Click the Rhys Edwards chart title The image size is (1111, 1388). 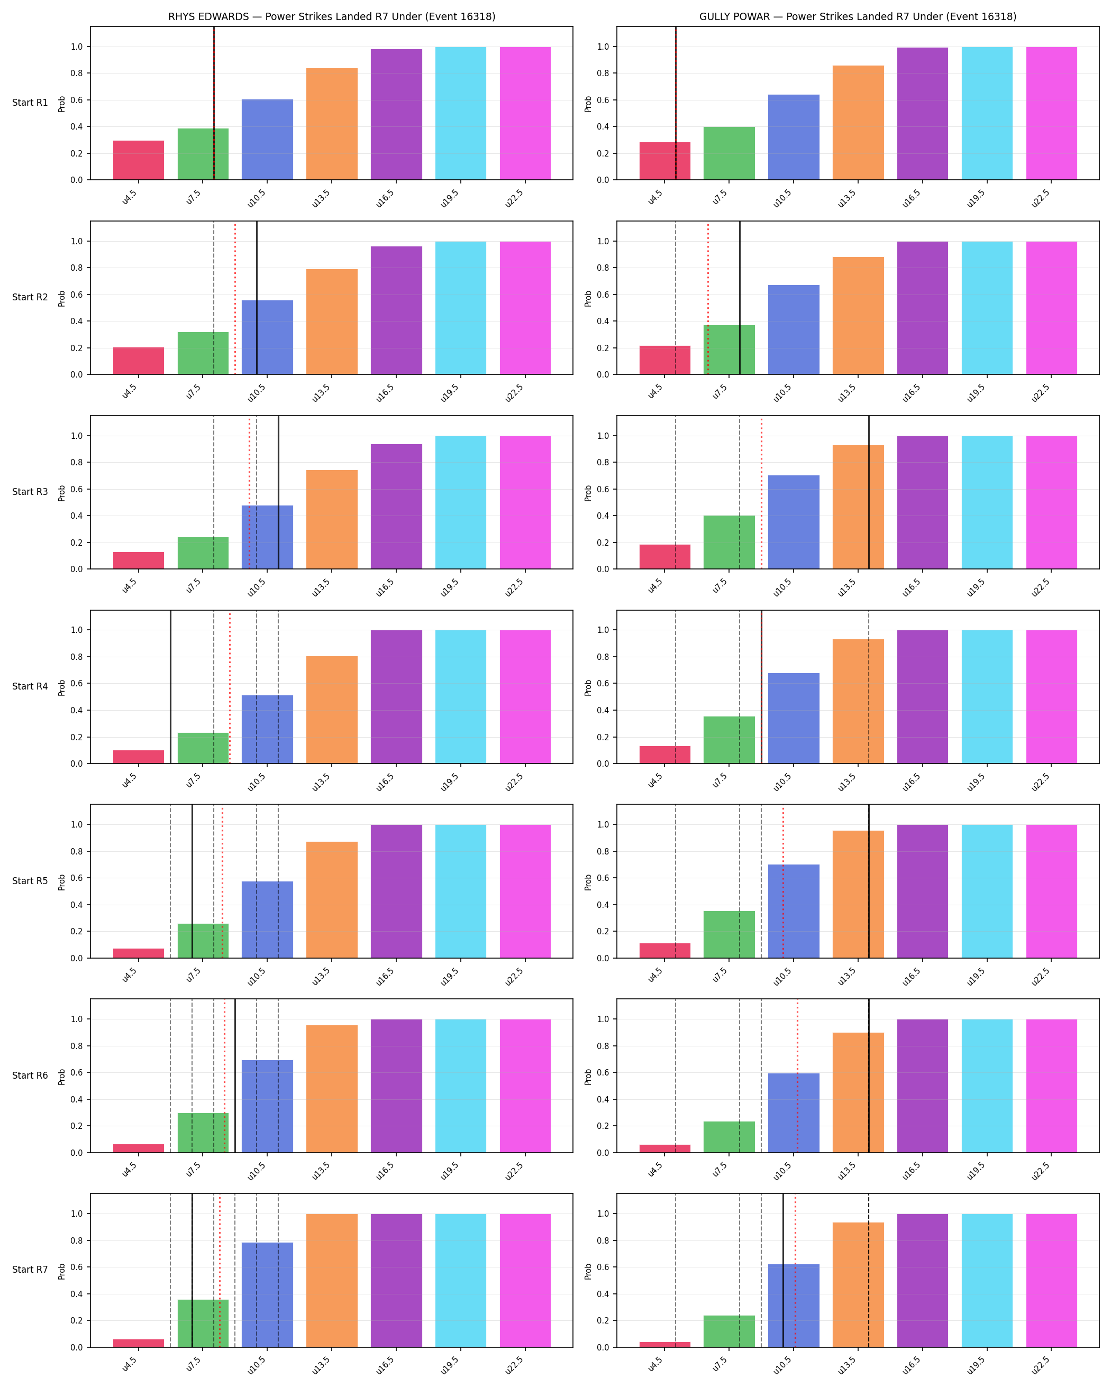pyautogui.click(x=332, y=17)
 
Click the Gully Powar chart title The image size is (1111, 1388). pyautogui.click(x=858, y=17)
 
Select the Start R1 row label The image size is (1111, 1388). pyautogui.click(x=30, y=103)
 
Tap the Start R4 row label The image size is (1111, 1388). pyautogui.click(x=30, y=686)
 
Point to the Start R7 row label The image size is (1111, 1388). pyautogui.click(x=30, y=1270)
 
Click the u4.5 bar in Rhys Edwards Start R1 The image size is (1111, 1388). pyautogui.click(x=139, y=160)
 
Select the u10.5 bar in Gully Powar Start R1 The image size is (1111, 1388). pyautogui.click(x=794, y=137)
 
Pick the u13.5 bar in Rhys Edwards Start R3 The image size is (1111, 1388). pyautogui.click(x=332, y=520)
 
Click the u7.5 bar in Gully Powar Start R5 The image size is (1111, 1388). pyautogui.click(x=729, y=935)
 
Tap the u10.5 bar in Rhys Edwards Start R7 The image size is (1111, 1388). pyautogui.click(x=267, y=1294)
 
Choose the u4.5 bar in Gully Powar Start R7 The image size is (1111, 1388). pyautogui.click(x=664, y=1344)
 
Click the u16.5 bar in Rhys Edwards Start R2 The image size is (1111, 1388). pyautogui.click(x=396, y=310)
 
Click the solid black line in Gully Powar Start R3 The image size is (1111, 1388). pyautogui.click(x=869, y=492)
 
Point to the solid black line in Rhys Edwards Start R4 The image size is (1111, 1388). pyautogui.click(x=171, y=687)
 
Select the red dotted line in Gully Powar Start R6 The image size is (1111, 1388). pyautogui.click(x=797, y=1076)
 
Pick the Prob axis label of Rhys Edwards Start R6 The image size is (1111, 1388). pyautogui.click(x=62, y=1077)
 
